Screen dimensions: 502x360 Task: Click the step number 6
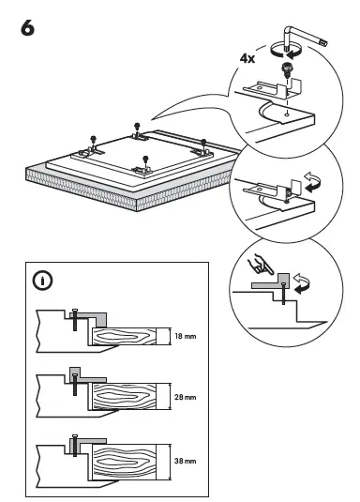(27, 28)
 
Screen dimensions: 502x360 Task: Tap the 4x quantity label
(247, 58)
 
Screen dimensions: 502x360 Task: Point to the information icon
(42, 280)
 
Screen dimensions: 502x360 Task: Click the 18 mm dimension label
(184, 335)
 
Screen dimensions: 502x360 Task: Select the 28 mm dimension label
(184, 398)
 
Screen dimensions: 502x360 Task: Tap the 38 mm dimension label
(184, 462)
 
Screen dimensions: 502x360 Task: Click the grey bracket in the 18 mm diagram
(92, 316)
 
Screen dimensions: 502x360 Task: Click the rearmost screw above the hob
(138, 126)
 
